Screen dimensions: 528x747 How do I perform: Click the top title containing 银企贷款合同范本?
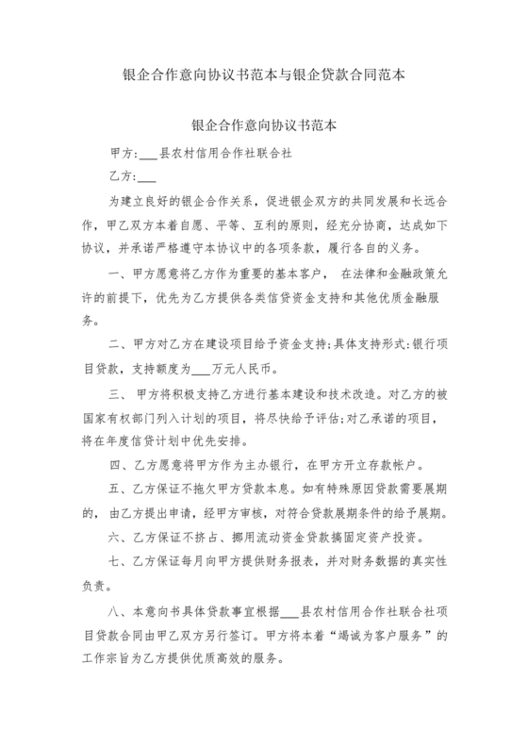click(264, 75)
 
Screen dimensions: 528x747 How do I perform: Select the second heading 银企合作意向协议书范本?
click(264, 124)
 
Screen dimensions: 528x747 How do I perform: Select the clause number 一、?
click(117, 274)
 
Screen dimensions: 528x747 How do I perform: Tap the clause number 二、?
click(117, 343)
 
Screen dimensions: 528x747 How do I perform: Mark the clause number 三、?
click(117, 391)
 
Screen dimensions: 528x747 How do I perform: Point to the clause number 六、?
click(117, 538)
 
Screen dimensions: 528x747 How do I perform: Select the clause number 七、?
click(117, 562)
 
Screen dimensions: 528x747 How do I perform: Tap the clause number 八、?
click(117, 613)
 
